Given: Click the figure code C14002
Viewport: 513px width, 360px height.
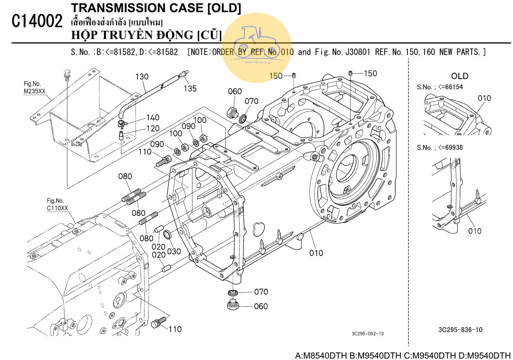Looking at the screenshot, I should tap(37, 21).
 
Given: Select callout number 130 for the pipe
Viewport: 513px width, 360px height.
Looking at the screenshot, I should tap(142, 77).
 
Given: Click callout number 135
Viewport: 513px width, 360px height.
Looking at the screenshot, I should tap(190, 88).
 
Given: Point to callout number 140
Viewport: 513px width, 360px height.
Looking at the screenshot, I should tap(153, 118).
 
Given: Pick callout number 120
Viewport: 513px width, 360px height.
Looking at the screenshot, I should tap(153, 128).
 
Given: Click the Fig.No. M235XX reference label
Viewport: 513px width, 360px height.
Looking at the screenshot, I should tap(35, 88).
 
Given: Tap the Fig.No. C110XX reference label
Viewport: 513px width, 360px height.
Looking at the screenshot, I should tap(57, 204).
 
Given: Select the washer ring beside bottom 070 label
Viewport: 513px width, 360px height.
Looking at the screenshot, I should tap(233, 293).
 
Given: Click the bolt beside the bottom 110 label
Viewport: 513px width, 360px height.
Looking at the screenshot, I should tap(158, 322).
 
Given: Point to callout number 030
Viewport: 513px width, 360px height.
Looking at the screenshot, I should tap(174, 251).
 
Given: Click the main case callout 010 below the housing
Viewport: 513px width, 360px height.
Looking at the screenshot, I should tap(316, 253).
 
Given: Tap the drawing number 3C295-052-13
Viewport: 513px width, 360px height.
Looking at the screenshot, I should tap(368, 334).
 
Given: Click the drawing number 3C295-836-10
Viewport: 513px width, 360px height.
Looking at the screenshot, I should tap(460, 330).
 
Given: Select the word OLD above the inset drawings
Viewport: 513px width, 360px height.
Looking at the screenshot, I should tap(459, 76).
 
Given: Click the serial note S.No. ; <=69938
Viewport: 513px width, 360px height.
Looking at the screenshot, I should tap(440, 148).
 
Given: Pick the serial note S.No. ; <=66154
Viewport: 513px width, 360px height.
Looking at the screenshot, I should tap(440, 87).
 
